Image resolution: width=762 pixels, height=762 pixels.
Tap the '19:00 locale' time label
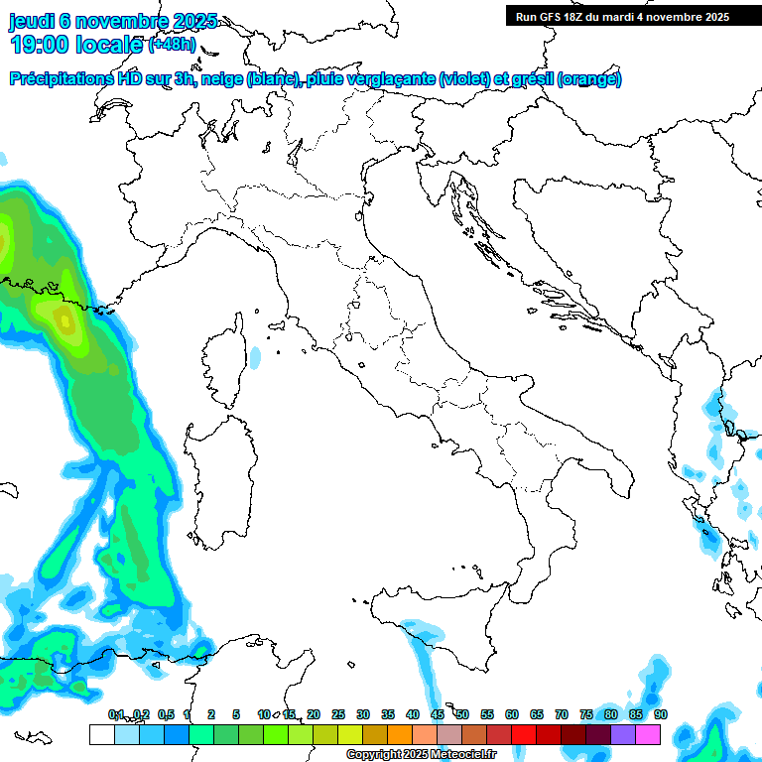(x=77, y=45)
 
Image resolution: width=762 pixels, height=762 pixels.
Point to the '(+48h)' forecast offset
(x=172, y=45)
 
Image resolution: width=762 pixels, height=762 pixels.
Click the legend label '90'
(x=661, y=714)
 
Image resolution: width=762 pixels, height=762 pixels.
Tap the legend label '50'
(x=462, y=714)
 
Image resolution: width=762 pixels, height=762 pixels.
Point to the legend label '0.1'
(x=116, y=714)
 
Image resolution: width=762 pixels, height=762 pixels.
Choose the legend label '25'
(x=338, y=714)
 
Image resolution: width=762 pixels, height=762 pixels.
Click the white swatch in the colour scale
(x=101, y=734)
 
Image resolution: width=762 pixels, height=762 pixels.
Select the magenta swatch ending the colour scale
(x=648, y=734)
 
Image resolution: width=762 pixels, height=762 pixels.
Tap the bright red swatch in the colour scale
(x=524, y=734)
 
